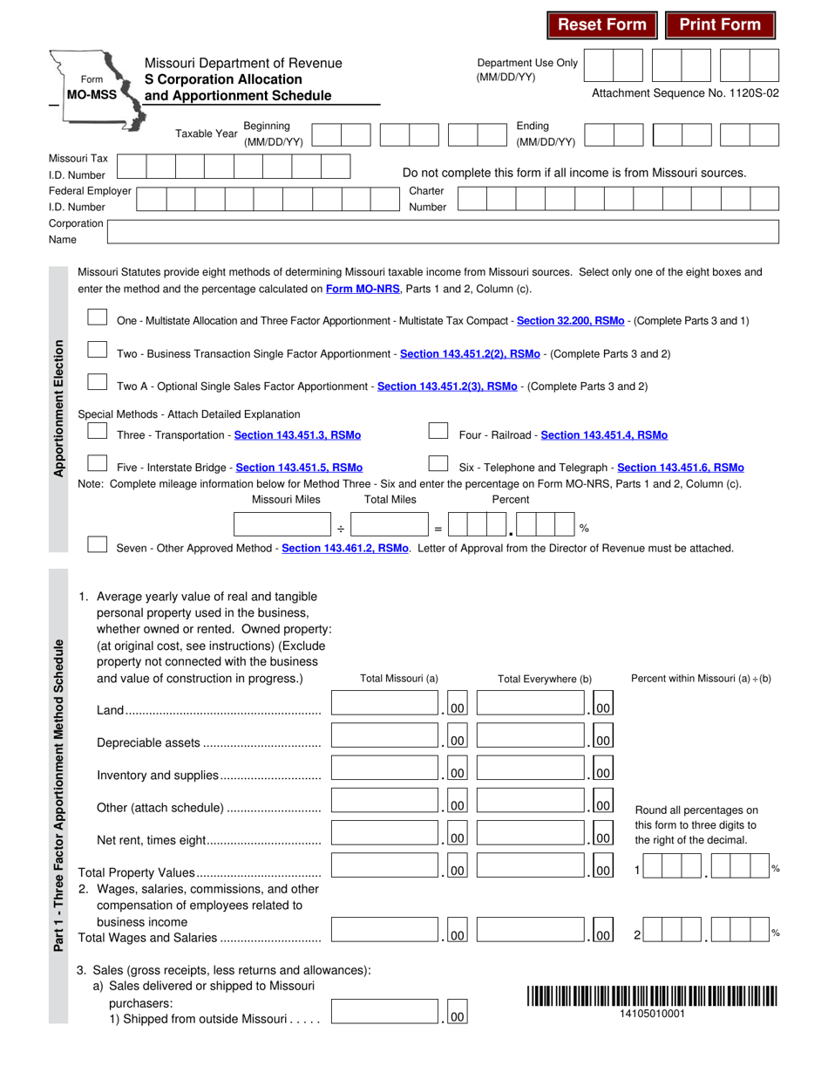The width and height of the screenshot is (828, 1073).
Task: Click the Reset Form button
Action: pyautogui.click(x=602, y=24)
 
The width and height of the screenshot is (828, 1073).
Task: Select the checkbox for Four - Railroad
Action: pyautogui.click(x=438, y=432)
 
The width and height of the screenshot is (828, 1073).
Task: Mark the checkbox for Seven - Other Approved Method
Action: pyautogui.click(x=98, y=545)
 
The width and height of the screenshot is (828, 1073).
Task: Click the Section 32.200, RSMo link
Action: pyautogui.click(x=570, y=321)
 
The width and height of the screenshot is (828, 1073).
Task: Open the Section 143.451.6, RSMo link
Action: pyautogui.click(x=681, y=468)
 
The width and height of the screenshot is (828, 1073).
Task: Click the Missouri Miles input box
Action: pyautogui.click(x=283, y=524)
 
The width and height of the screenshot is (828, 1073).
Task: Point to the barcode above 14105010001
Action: pyautogui.click(x=652, y=995)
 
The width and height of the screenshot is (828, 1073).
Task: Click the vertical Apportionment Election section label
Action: pyautogui.click(x=59, y=408)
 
